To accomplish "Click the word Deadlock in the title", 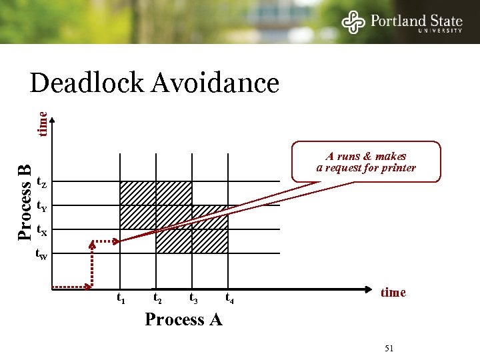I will [87, 84].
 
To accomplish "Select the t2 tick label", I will [157, 298].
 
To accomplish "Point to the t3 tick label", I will [193, 298].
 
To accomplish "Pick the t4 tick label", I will [229, 298].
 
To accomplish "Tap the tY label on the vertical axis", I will [41, 207].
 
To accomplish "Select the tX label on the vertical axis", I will [41, 231].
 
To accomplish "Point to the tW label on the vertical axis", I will [41, 254].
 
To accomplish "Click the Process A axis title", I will [183, 319].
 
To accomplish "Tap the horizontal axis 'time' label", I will [393, 293].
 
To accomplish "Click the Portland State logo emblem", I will [354, 21].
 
